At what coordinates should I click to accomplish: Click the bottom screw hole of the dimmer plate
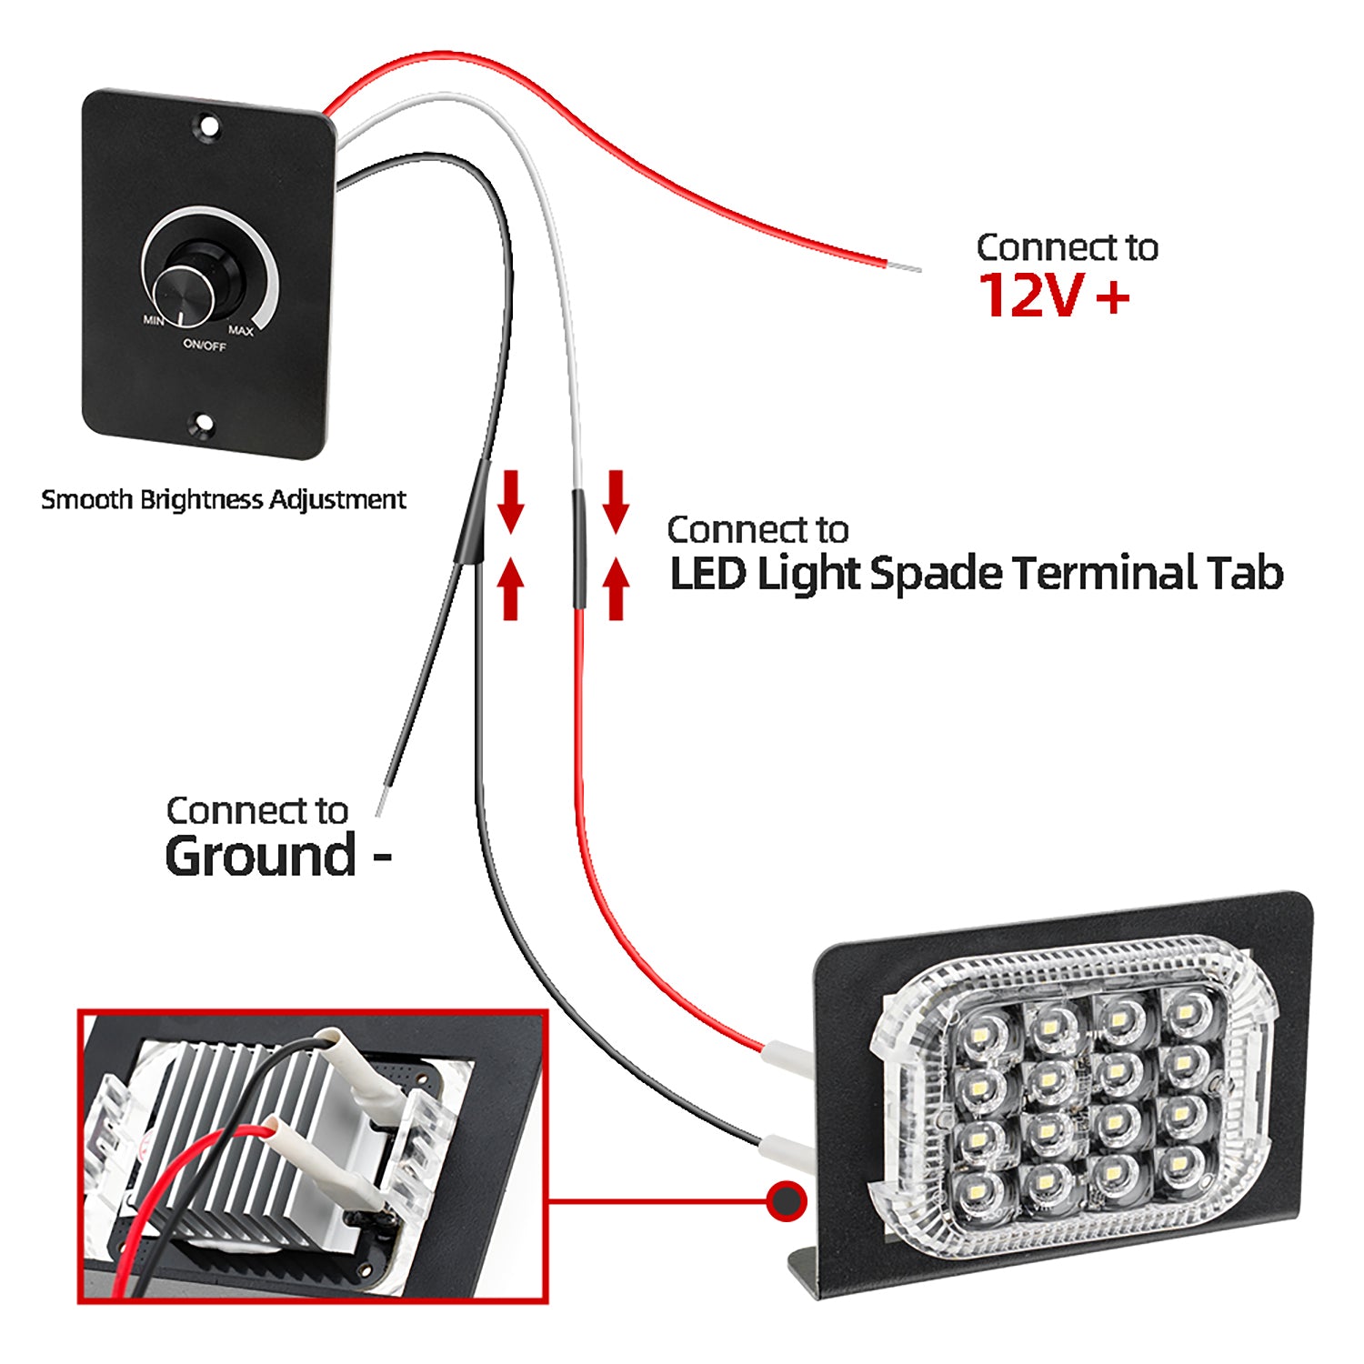coord(204,423)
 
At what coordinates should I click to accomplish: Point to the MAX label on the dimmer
coord(241,331)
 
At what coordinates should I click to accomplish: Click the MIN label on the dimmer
coord(154,320)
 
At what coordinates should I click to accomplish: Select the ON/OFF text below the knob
coord(205,346)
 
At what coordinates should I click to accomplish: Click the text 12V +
coord(1053,296)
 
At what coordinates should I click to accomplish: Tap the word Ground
coord(261,856)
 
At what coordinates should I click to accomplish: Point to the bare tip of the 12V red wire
coord(903,267)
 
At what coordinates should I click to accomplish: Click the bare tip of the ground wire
coord(385,803)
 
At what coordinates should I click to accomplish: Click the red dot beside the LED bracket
coord(786,1202)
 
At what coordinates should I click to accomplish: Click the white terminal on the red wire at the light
coord(787,1058)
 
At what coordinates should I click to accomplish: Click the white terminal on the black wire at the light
coord(785,1150)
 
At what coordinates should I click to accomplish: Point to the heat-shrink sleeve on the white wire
coord(577,549)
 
